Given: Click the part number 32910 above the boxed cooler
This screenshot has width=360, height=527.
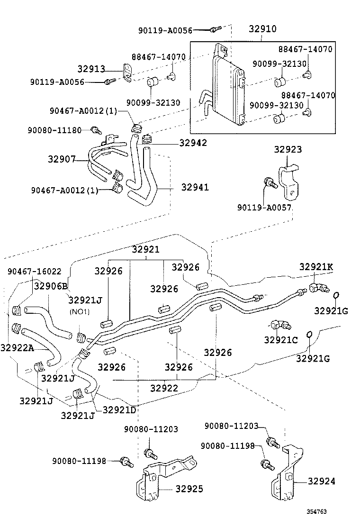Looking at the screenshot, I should [262, 28].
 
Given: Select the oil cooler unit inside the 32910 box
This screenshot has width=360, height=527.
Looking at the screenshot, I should [227, 88].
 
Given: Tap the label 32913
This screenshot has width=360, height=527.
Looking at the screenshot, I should [91, 69].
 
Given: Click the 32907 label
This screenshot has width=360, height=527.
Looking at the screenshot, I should [62, 159].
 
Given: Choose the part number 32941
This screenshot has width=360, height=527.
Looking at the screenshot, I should [195, 187].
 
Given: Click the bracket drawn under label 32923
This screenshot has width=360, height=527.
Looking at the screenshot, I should [289, 182].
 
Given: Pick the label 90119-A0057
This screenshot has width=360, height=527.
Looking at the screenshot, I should [264, 208].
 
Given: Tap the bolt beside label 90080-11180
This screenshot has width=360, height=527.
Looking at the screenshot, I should [96, 129].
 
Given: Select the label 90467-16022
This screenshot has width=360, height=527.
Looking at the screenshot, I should [34, 272].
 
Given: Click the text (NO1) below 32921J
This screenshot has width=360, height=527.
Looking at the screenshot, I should [80, 311].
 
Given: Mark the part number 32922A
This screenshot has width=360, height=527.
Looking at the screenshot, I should [17, 348].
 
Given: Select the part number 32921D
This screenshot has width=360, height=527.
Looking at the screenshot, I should [119, 409].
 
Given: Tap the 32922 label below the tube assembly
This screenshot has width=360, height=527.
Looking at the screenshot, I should [164, 388].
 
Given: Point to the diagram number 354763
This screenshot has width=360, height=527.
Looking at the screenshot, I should [316, 512].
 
